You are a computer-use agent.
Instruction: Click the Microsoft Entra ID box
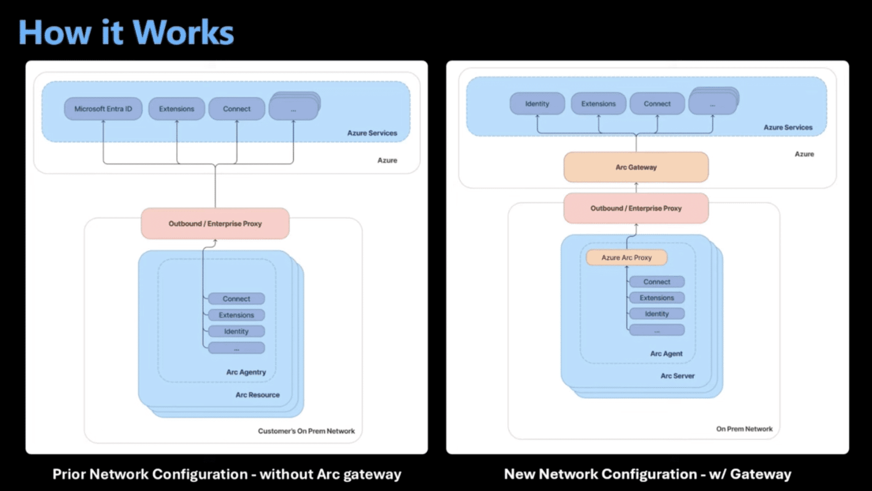point(103,109)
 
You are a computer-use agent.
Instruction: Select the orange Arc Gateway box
point(636,167)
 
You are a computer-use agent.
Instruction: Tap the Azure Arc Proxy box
point(626,257)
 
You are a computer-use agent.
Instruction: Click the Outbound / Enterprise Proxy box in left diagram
point(215,224)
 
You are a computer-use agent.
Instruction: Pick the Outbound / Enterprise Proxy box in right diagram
point(636,208)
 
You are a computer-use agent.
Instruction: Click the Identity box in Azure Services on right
point(537,103)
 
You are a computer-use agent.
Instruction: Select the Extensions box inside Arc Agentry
point(236,315)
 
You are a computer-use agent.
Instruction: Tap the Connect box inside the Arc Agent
point(656,282)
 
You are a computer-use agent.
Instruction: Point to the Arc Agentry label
point(246,372)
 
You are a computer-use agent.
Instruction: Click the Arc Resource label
point(257,395)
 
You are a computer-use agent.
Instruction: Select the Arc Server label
point(677,376)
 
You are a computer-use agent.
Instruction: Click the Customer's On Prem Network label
point(306,431)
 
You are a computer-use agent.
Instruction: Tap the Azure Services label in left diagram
point(372,133)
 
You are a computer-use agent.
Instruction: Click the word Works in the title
point(183,33)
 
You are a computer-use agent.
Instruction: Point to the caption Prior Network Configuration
point(227,474)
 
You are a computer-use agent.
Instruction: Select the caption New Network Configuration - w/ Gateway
point(647,474)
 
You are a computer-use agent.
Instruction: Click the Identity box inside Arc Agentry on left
point(236,332)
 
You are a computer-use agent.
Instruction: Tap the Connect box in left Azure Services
point(237,109)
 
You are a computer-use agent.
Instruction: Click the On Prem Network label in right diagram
point(744,429)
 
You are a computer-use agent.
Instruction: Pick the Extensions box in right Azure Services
point(598,103)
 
